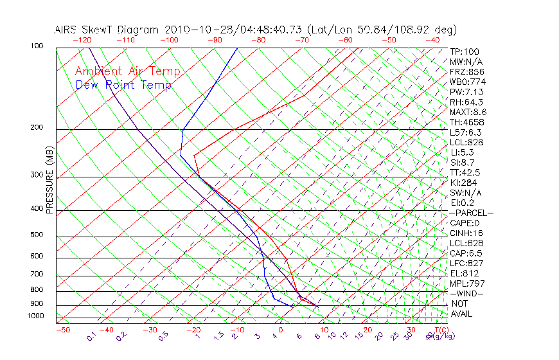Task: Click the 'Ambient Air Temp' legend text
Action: pos(127,71)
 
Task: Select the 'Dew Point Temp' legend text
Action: pos(123,85)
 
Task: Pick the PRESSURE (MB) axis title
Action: pos(49,181)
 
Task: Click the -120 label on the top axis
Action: pos(82,40)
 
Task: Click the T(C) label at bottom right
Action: pos(440,330)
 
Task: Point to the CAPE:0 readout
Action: pos(465,223)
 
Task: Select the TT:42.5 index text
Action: pos(465,172)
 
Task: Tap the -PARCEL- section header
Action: pos(471,213)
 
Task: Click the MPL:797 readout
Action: pos(467,283)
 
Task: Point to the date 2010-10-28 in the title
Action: pos(191,30)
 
